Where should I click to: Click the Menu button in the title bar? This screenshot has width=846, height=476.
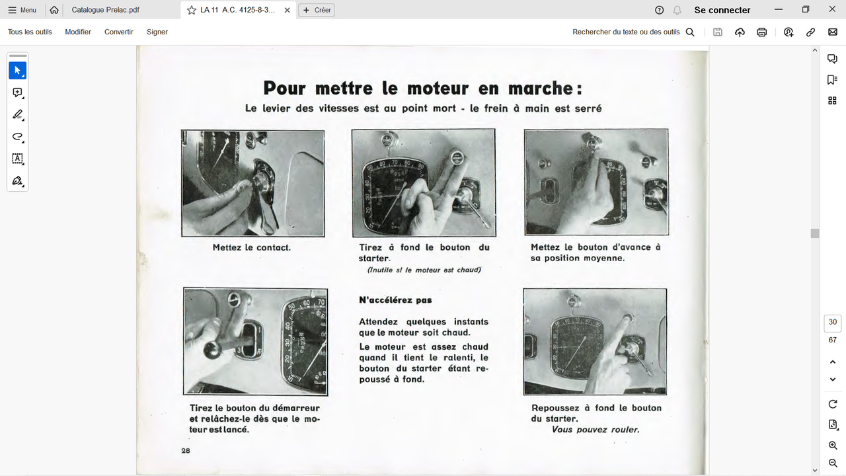pyautogui.click(x=22, y=10)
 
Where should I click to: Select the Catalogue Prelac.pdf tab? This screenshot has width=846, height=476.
pyautogui.click(x=105, y=10)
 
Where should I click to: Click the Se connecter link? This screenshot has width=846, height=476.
pyautogui.click(x=722, y=10)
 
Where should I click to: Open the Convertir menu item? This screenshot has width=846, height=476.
pyautogui.click(x=119, y=32)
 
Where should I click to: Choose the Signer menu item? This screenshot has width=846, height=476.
pyautogui.click(x=157, y=32)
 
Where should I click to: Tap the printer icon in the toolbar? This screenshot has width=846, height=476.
pyautogui.click(x=761, y=32)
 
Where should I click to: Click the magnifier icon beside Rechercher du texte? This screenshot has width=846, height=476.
pyautogui.click(x=690, y=32)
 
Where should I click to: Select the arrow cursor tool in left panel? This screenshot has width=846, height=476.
pyautogui.click(x=18, y=71)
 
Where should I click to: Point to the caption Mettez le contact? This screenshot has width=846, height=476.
pyautogui.click(x=251, y=247)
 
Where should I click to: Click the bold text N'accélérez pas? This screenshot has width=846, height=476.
pyautogui.click(x=395, y=300)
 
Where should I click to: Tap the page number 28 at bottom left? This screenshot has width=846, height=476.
pyautogui.click(x=186, y=450)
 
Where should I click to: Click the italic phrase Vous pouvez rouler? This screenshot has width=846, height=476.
pyautogui.click(x=596, y=430)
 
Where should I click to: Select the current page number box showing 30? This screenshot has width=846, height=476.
pyautogui.click(x=832, y=323)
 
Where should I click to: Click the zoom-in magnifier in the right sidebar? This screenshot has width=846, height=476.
pyautogui.click(x=832, y=446)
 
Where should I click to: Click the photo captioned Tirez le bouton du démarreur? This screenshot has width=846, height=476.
pyautogui.click(x=255, y=342)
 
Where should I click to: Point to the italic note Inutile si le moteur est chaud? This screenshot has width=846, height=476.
pyautogui.click(x=424, y=270)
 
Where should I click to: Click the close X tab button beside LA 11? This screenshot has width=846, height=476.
pyautogui.click(x=287, y=10)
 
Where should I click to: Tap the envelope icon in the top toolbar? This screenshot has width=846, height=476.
pyautogui.click(x=832, y=32)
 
